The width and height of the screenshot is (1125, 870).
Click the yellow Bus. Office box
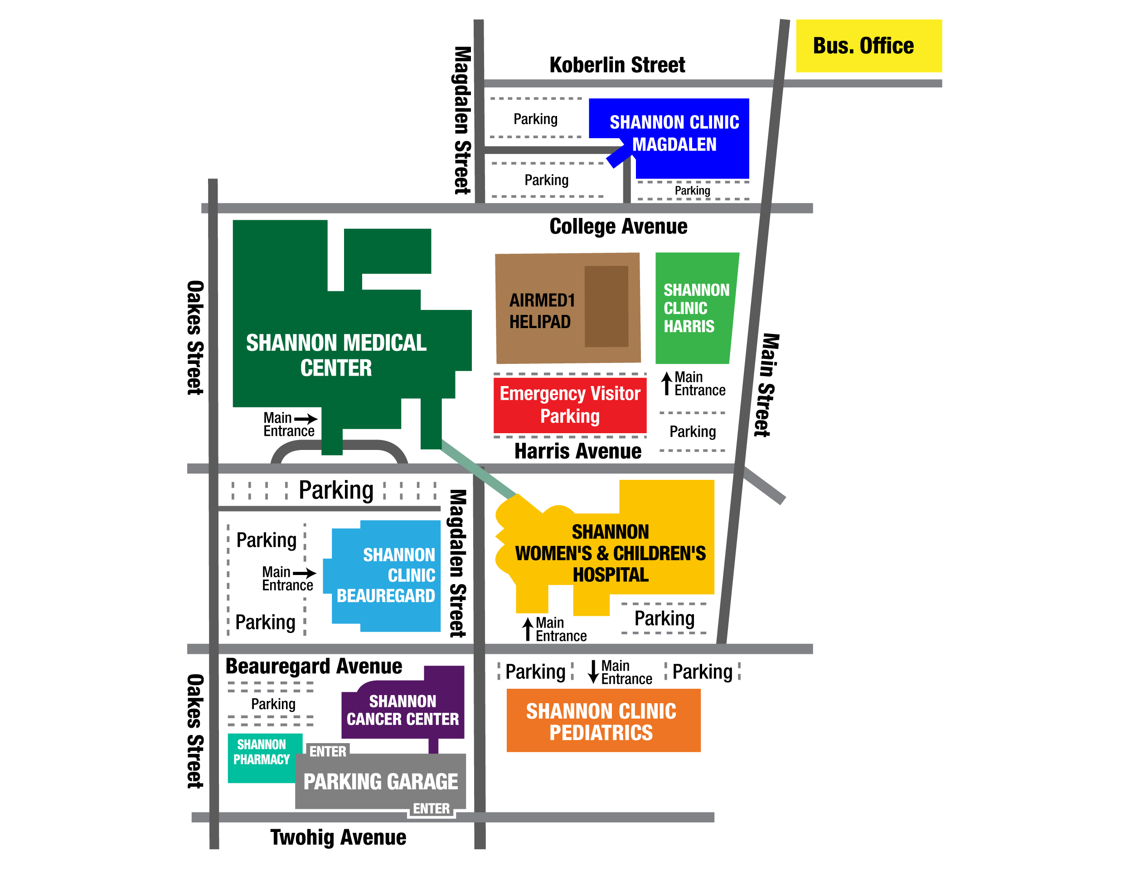pyautogui.click(x=868, y=46)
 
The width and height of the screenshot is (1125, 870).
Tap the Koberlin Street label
pyautogui.click(x=617, y=65)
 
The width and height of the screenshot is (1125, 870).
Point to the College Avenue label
pyautogui.click(x=618, y=227)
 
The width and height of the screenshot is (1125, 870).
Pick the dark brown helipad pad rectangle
pyautogui.click(x=606, y=306)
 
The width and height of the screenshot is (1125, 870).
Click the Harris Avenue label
pyautogui.click(x=578, y=451)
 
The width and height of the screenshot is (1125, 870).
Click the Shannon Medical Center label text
pyautogui.click(x=336, y=355)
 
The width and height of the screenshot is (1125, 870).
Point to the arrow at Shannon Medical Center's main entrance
pyautogui.click(x=305, y=419)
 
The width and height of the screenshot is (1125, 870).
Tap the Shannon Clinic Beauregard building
pyautogui.click(x=384, y=576)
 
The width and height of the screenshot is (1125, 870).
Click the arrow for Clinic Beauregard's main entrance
pyautogui.click(x=305, y=573)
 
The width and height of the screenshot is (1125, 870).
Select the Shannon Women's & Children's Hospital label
pyautogui.click(x=611, y=553)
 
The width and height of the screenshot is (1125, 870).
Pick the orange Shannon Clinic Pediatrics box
pyautogui.click(x=603, y=720)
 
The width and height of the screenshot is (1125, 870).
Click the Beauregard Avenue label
pyautogui.click(x=314, y=667)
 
